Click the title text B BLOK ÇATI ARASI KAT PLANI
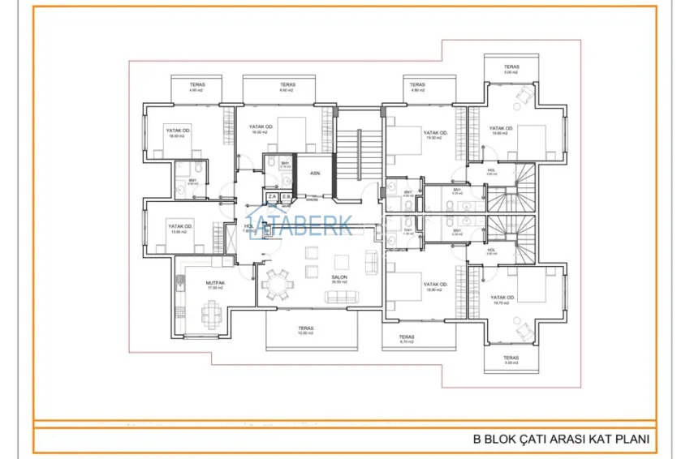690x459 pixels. click(x=562, y=440)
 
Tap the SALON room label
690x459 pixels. click(x=339, y=277)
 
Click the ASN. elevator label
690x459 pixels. click(x=316, y=173)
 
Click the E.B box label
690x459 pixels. click(x=286, y=196)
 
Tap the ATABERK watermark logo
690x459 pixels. click(x=300, y=226)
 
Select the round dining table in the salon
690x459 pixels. click(x=278, y=285)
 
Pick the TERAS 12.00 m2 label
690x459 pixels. click(x=305, y=331)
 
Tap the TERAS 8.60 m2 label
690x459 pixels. click(x=287, y=87)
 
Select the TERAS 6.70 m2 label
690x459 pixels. click(x=407, y=339)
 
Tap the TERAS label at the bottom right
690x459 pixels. click(x=510, y=360)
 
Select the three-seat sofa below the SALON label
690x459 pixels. click(x=340, y=297)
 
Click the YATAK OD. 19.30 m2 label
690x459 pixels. click(x=435, y=135)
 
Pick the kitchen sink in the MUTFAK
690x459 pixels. click(x=179, y=284)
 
